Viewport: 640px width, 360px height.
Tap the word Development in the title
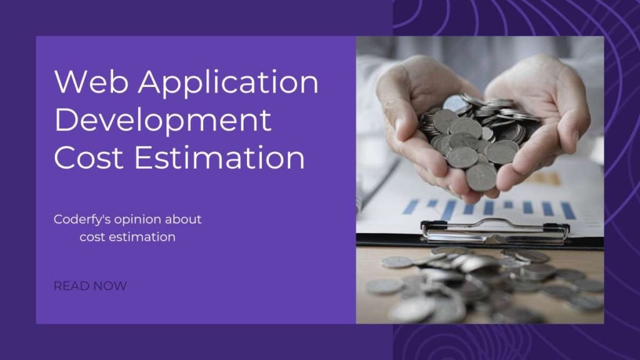click(x=162, y=121)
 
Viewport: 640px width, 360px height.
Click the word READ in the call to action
click(x=68, y=286)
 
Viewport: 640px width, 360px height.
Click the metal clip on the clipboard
click(x=494, y=230)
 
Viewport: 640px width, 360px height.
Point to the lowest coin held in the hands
click(x=481, y=177)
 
